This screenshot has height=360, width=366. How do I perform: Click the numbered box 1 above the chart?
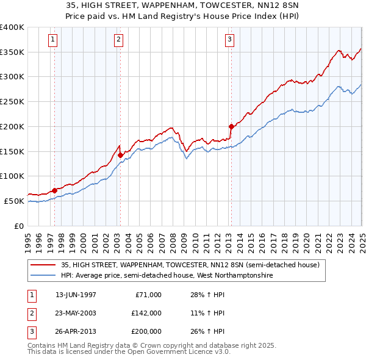click(53, 40)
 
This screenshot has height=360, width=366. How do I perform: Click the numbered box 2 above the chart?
click(118, 40)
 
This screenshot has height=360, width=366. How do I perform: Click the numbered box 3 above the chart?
click(229, 40)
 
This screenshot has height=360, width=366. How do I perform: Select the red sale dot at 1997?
click(55, 190)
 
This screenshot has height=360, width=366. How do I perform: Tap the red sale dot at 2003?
click(120, 155)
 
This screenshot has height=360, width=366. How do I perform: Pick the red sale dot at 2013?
click(231, 126)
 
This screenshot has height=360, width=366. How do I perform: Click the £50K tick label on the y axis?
click(14, 201)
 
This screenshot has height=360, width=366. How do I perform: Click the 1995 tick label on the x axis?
click(29, 238)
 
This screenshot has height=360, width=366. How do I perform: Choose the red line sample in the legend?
click(44, 265)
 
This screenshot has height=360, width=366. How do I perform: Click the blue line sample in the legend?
click(44, 276)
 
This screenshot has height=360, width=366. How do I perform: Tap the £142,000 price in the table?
click(146, 313)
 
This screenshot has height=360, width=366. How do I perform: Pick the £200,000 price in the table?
click(146, 331)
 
